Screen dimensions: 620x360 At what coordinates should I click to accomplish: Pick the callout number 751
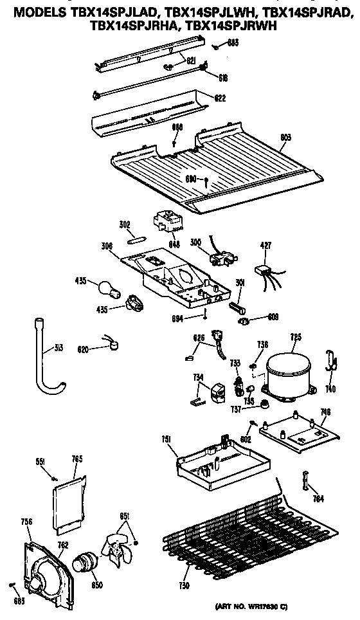click(x=166, y=439)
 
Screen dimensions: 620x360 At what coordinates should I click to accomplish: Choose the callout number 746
click(x=325, y=412)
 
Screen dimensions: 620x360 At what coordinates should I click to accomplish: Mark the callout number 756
click(x=26, y=522)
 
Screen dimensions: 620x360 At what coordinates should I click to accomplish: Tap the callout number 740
click(x=331, y=390)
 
